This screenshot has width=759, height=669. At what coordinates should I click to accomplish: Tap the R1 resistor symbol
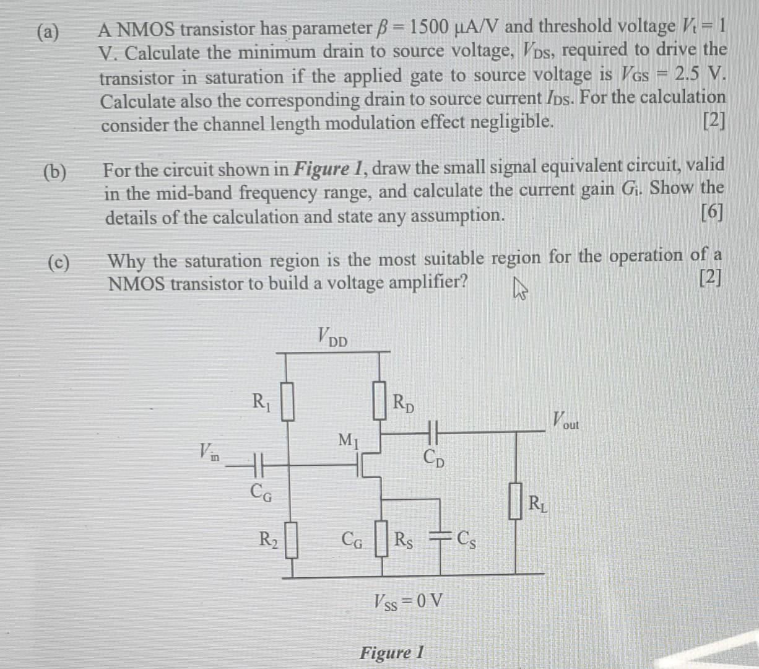pyautogui.click(x=287, y=402)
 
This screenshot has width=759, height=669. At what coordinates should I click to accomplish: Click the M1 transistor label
pyautogui.click(x=348, y=441)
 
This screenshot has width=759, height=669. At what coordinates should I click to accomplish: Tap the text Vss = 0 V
pyautogui.click(x=409, y=600)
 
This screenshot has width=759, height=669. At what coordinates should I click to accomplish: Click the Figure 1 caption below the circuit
pyautogui.click(x=393, y=652)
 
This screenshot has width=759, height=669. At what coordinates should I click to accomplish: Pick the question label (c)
pyautogui.click(x=58, y=263)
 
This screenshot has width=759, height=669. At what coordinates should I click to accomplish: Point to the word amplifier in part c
pyautogui.click(x=427, y=283)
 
